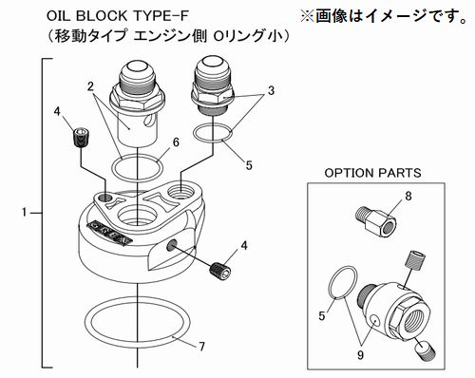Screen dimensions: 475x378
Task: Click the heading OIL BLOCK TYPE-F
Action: pos(118,16)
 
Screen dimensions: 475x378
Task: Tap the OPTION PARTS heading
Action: pos(372,173)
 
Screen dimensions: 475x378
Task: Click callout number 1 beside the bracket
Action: pos(25,213)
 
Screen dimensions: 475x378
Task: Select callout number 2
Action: pos(91,86)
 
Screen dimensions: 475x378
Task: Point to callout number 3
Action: pos(271,91)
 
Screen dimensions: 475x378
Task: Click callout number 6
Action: pos(176,142)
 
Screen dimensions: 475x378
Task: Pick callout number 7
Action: pos(201,347)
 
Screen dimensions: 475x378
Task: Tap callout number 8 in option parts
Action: pos(408,196)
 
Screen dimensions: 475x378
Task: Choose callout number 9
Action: pos(360,355)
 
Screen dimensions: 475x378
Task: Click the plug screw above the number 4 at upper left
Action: pos(82,138)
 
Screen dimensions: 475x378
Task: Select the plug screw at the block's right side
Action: pos(220,271)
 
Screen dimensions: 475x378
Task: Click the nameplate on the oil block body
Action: pos(110,234)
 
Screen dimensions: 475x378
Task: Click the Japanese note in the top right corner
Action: pos(383,16)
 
